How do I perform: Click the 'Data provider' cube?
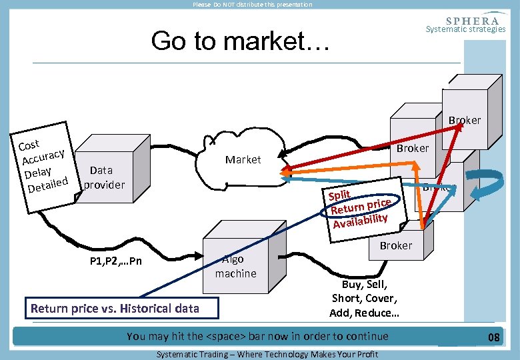(x=106, y=175)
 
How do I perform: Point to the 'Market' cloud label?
(x=243, y=159)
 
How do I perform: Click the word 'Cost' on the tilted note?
(x=29, y=144)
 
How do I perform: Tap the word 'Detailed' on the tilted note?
(x=47, y=183)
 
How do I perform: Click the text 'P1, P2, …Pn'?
(x=115, y=261)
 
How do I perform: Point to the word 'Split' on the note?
(x=339, y=195)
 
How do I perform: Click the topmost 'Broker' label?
(x=464, y=121)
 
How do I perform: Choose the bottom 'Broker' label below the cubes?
(x=396, y=245)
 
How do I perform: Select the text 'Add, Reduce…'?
(x=364, y=313)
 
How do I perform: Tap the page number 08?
(x=493, y=337)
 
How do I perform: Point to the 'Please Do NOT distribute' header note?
(x=252, y=5)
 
